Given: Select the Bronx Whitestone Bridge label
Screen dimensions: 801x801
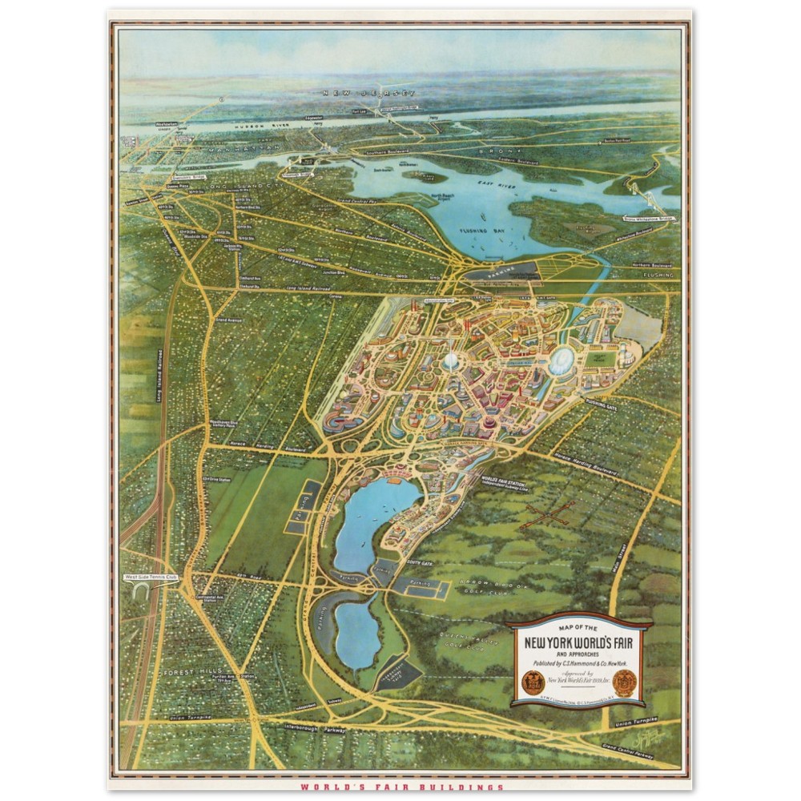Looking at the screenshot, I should pyautogui.click(x=646, y=216).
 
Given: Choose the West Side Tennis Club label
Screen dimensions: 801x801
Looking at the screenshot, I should pyautogui.click(x=150, y=577).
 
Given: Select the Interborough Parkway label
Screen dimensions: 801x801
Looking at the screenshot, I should pyautogui.click(x=312, y=730).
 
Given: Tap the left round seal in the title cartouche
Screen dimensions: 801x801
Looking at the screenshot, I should pyautogui.click(x=532, y=682).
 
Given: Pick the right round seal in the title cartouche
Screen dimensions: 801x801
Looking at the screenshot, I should pyautogui.click(x=625, y=682).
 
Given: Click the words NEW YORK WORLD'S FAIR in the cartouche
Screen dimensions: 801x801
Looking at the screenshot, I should pyautogui.click(x=578, y=642).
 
